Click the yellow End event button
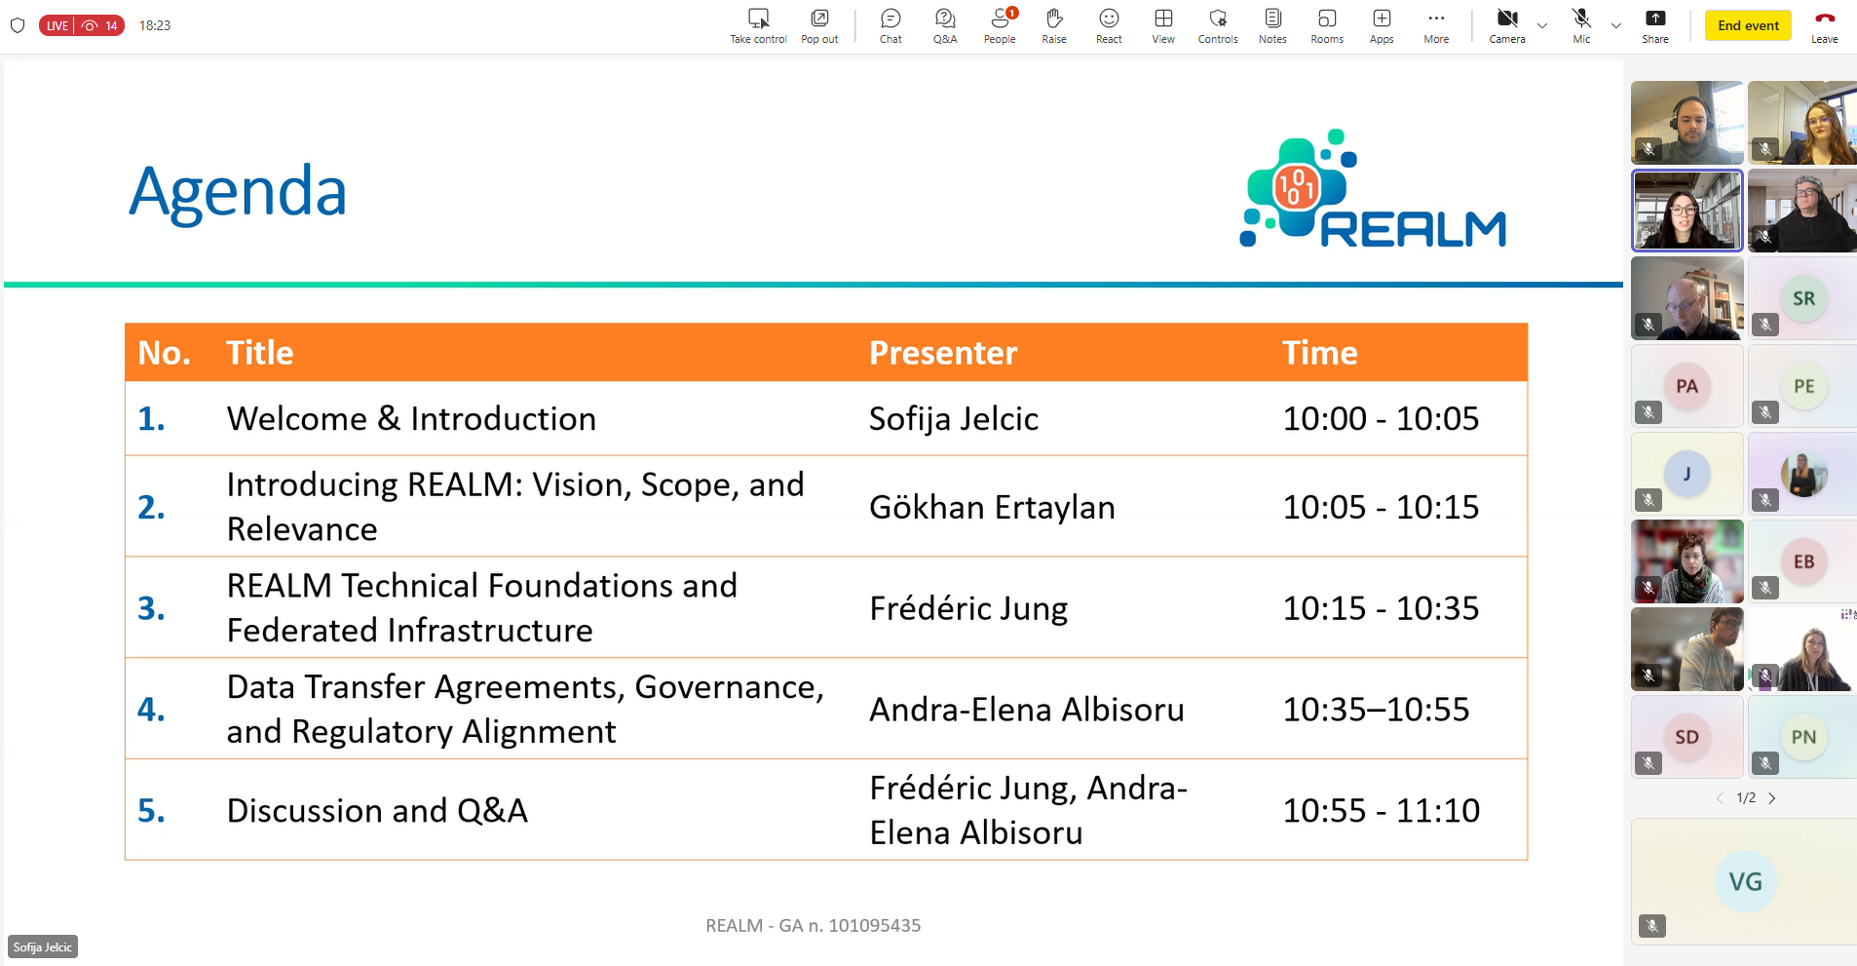(1748, 25)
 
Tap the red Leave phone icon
(1825, 19)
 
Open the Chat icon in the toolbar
(891, 19)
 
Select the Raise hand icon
(1054, 19)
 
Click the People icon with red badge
(1001, 19)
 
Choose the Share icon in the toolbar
(1655, 19)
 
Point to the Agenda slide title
(238, 191)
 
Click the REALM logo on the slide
(1373, 189)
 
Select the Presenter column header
(943, 353)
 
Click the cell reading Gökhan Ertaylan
(992, 507)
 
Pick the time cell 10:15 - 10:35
(1381, 608)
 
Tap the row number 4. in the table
(151, 709)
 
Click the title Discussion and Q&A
(377, 811)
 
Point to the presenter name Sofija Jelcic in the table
(954, 419)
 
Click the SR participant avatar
(1803, 299)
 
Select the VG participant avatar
(1745, 882)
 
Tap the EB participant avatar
(1803, 561)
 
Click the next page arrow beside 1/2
(1772, 798)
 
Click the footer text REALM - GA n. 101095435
(814, 926)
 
